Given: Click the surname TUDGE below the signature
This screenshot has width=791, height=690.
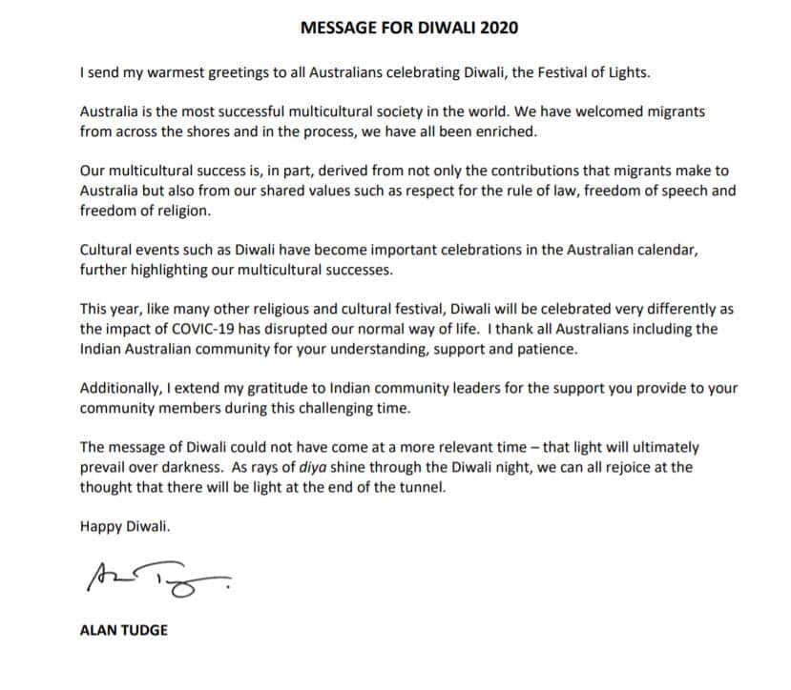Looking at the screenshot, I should coord(142,630).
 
